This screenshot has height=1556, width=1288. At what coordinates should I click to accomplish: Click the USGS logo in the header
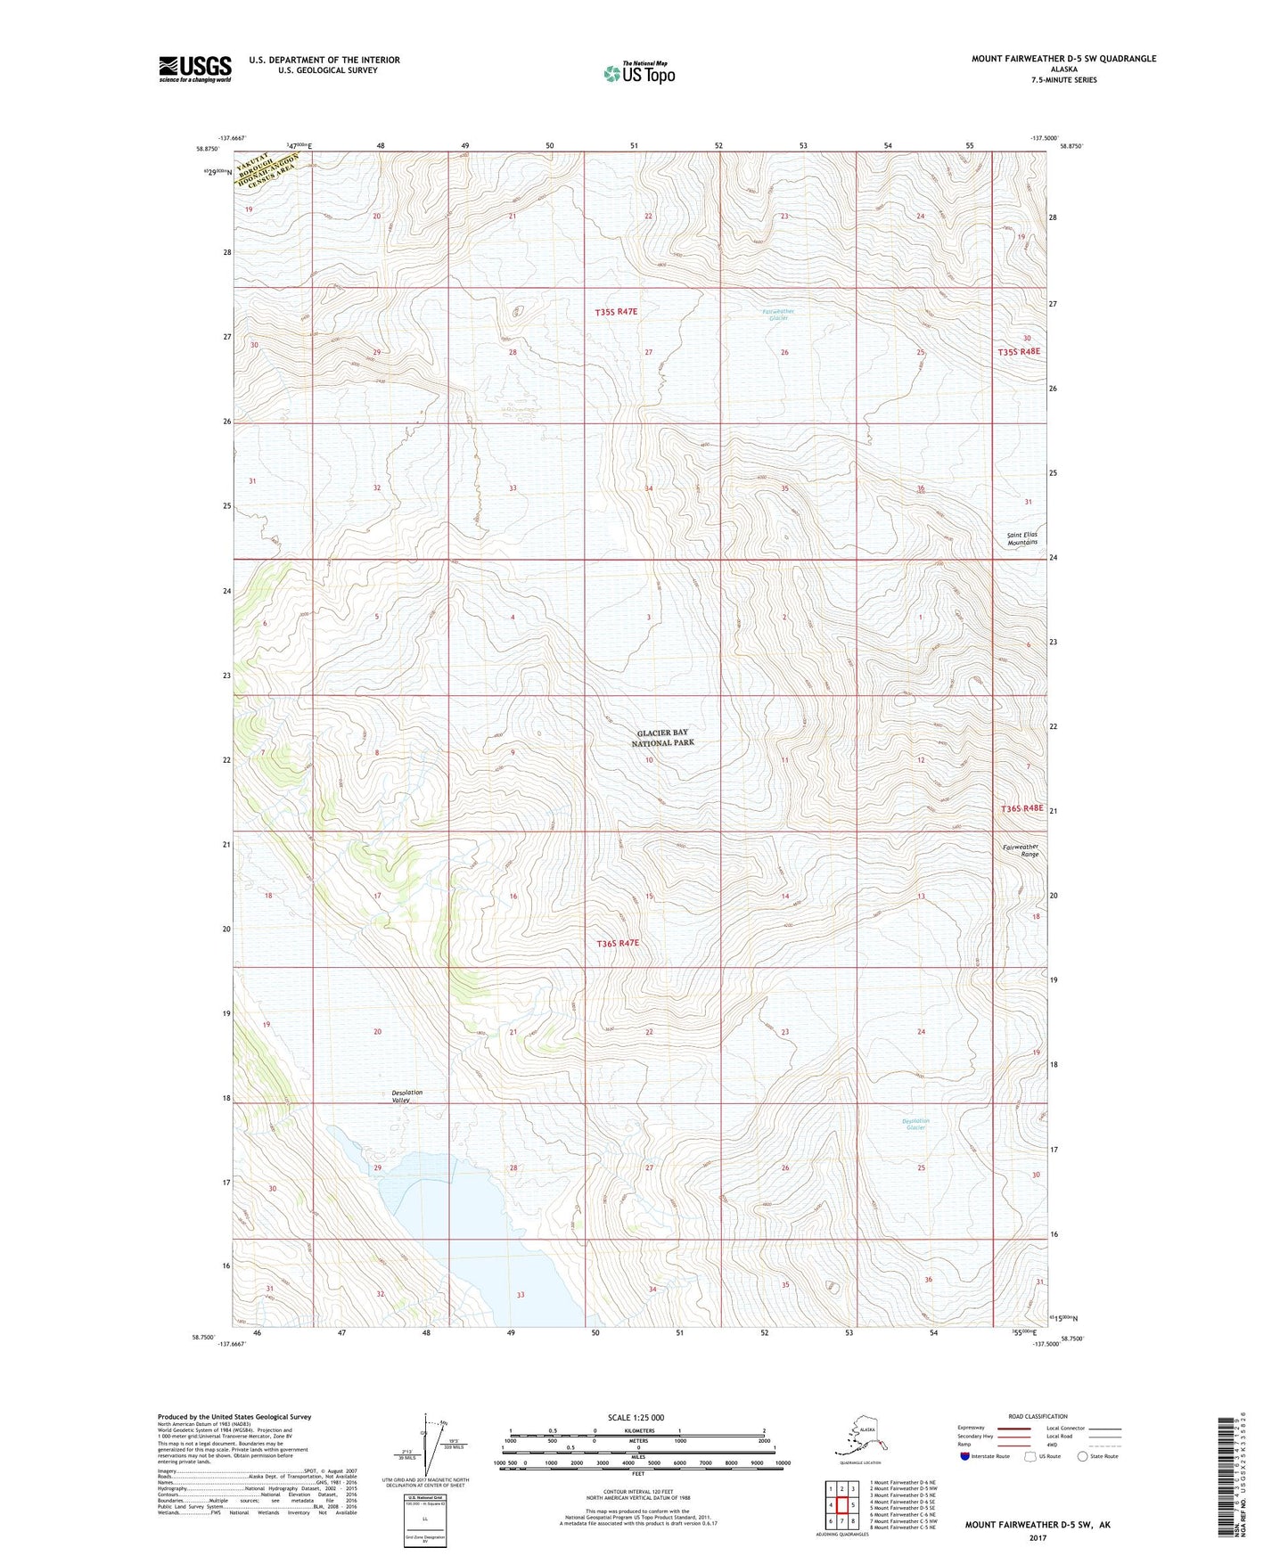194,69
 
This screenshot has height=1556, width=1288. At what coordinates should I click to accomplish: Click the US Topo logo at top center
638,73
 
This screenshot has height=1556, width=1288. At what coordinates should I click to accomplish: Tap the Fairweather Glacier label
778,315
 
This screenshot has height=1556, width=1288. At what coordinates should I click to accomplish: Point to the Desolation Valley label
406,1096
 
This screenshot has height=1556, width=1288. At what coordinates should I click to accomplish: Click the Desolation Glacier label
915,1125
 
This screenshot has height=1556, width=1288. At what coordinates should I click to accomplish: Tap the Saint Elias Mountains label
1022,538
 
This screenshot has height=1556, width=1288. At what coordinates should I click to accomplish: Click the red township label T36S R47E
617,942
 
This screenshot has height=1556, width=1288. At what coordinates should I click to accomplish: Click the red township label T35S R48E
1018,352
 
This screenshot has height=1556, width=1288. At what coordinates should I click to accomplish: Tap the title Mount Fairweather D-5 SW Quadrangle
1063,59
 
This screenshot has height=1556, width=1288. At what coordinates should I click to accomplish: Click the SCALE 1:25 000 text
636,1418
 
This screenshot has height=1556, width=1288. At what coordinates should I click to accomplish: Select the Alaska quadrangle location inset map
859,1437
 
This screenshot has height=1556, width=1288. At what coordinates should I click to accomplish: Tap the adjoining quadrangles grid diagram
841,1504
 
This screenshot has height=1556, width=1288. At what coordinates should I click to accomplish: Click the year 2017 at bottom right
1037,1538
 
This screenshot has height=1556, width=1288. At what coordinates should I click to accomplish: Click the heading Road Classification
1038,1416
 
